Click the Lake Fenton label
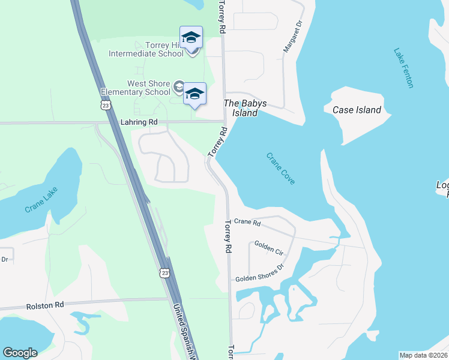(403, 68)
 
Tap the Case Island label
(357, 110)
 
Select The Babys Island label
(241, 108)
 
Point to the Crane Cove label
(281, 168)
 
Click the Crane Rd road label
(247, 222)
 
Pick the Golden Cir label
(268, 246)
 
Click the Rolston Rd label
(45, 305)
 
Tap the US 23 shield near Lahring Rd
(106, 105)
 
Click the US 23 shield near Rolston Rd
(165, 273)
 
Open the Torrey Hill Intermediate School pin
(191, 37)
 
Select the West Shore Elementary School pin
(194, 92)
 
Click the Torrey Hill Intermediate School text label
(146, 49)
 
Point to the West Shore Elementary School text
(136, 88)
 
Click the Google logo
(20, 353)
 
